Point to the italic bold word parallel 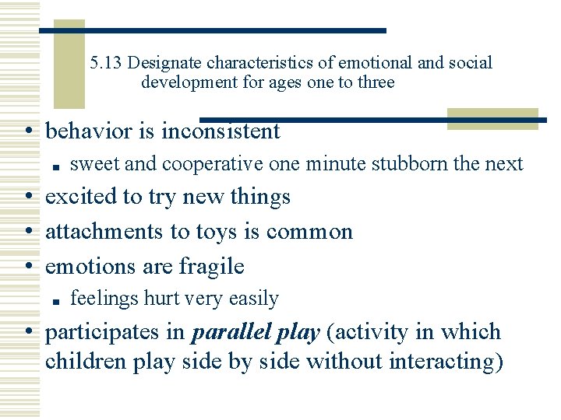[228, 332]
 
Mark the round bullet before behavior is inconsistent [29, 132]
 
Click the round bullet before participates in [29, 333]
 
